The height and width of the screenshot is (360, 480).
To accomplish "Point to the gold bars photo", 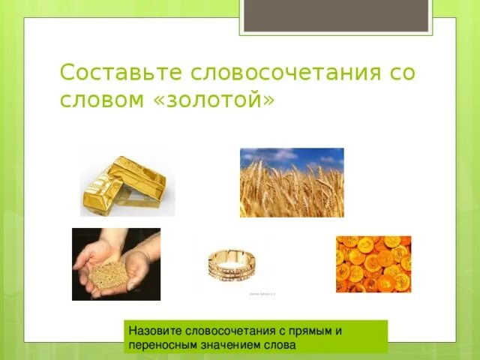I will click(x=127, y=182).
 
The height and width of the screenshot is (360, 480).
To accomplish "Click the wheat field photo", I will click(x=292, y=182).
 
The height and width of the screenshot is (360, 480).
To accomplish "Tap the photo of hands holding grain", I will click(x=116, y=264).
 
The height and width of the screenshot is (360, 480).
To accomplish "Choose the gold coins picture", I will click(x=373, y=263).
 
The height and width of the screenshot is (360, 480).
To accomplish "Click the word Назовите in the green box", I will click(x=154, y=330).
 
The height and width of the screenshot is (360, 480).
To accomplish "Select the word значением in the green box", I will click(x=235, y=344).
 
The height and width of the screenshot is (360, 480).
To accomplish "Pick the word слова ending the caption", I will click(x=281, y=344).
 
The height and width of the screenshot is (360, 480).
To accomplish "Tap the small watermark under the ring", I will click(x=263, y=294).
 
